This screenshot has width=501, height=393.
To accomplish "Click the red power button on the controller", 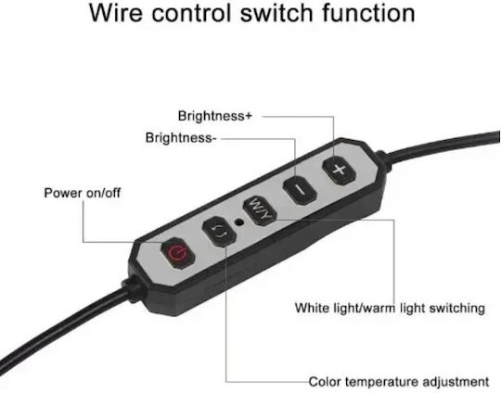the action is click(x=178, y=253).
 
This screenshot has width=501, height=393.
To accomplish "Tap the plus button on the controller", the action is click(x=339, y=171).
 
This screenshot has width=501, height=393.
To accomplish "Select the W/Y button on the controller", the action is click(x=260, y=211).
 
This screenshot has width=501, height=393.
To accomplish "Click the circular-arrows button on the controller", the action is click(x=220, y=231).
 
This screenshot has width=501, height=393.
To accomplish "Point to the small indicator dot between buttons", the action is click(x=239, y=222).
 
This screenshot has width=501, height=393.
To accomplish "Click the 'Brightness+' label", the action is click(x=215, y=116).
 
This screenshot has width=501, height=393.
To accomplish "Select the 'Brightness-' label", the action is click(x=181, y=138).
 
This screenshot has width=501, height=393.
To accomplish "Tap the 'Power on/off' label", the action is click(x=83, y=193).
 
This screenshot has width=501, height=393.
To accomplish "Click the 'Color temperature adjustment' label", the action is click(x=399, y=382).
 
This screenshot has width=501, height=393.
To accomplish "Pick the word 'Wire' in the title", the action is click(x=116, y=13).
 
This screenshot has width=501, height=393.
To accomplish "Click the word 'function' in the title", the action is click(x=368, y=13).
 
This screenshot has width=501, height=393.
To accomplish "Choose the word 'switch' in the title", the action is click(x=276, y=13).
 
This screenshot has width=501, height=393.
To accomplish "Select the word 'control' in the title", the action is click(x=191, y=13).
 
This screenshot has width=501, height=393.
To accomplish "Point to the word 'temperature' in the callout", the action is click(x=382, y=382).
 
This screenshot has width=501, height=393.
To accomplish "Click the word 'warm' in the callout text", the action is click(x=379, y=309).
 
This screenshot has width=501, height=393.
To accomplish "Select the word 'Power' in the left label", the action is click(x=61, y=193).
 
